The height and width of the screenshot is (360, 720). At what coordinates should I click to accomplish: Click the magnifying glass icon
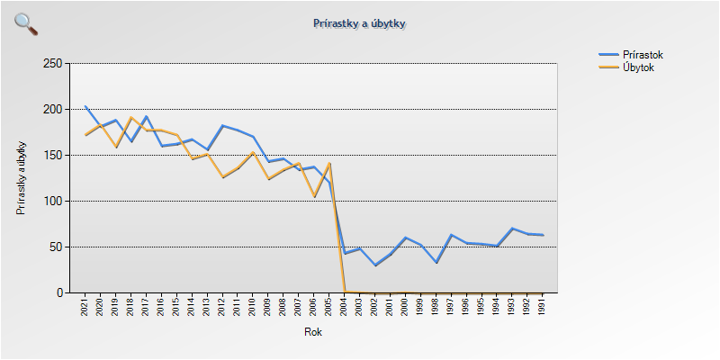pyautogui.click(x=26, y=24)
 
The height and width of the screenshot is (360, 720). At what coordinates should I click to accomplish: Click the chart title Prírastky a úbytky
pyautogui.click(x=360, y=22)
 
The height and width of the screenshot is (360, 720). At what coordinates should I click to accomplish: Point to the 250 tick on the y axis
pyautogui.click(x=52, y=64)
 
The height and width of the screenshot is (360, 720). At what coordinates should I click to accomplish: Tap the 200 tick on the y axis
pyautogui.click(x=52, y=110)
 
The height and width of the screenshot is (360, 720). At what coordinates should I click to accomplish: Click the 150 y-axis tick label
pyautogui.click(x=52, y=156)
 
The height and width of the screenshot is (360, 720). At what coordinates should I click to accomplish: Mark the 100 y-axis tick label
pyautogui.click(x=52, y=202)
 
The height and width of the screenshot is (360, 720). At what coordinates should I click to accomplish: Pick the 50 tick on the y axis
pyautogui.click(x=55, y=247)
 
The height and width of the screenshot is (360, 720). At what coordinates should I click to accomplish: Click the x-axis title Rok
pyautogui.click(x=313, y=332)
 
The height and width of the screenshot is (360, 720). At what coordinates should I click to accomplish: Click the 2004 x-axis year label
pyautogui.click(x=345, y=308)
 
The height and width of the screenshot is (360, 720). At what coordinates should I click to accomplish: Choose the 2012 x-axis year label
pyautogui.click(x=222, y=308)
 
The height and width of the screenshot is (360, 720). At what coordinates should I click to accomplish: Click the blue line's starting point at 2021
pyautogui.click(x=85, y=106)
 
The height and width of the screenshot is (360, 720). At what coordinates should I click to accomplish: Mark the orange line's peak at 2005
pyautogui.click(x=329, y=164)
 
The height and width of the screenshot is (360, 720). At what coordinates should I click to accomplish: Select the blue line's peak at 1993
pyautogui.click(x=512, y=229)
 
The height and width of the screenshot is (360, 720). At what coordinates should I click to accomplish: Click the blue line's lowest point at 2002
pyautogui.click(x=375, y=265)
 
